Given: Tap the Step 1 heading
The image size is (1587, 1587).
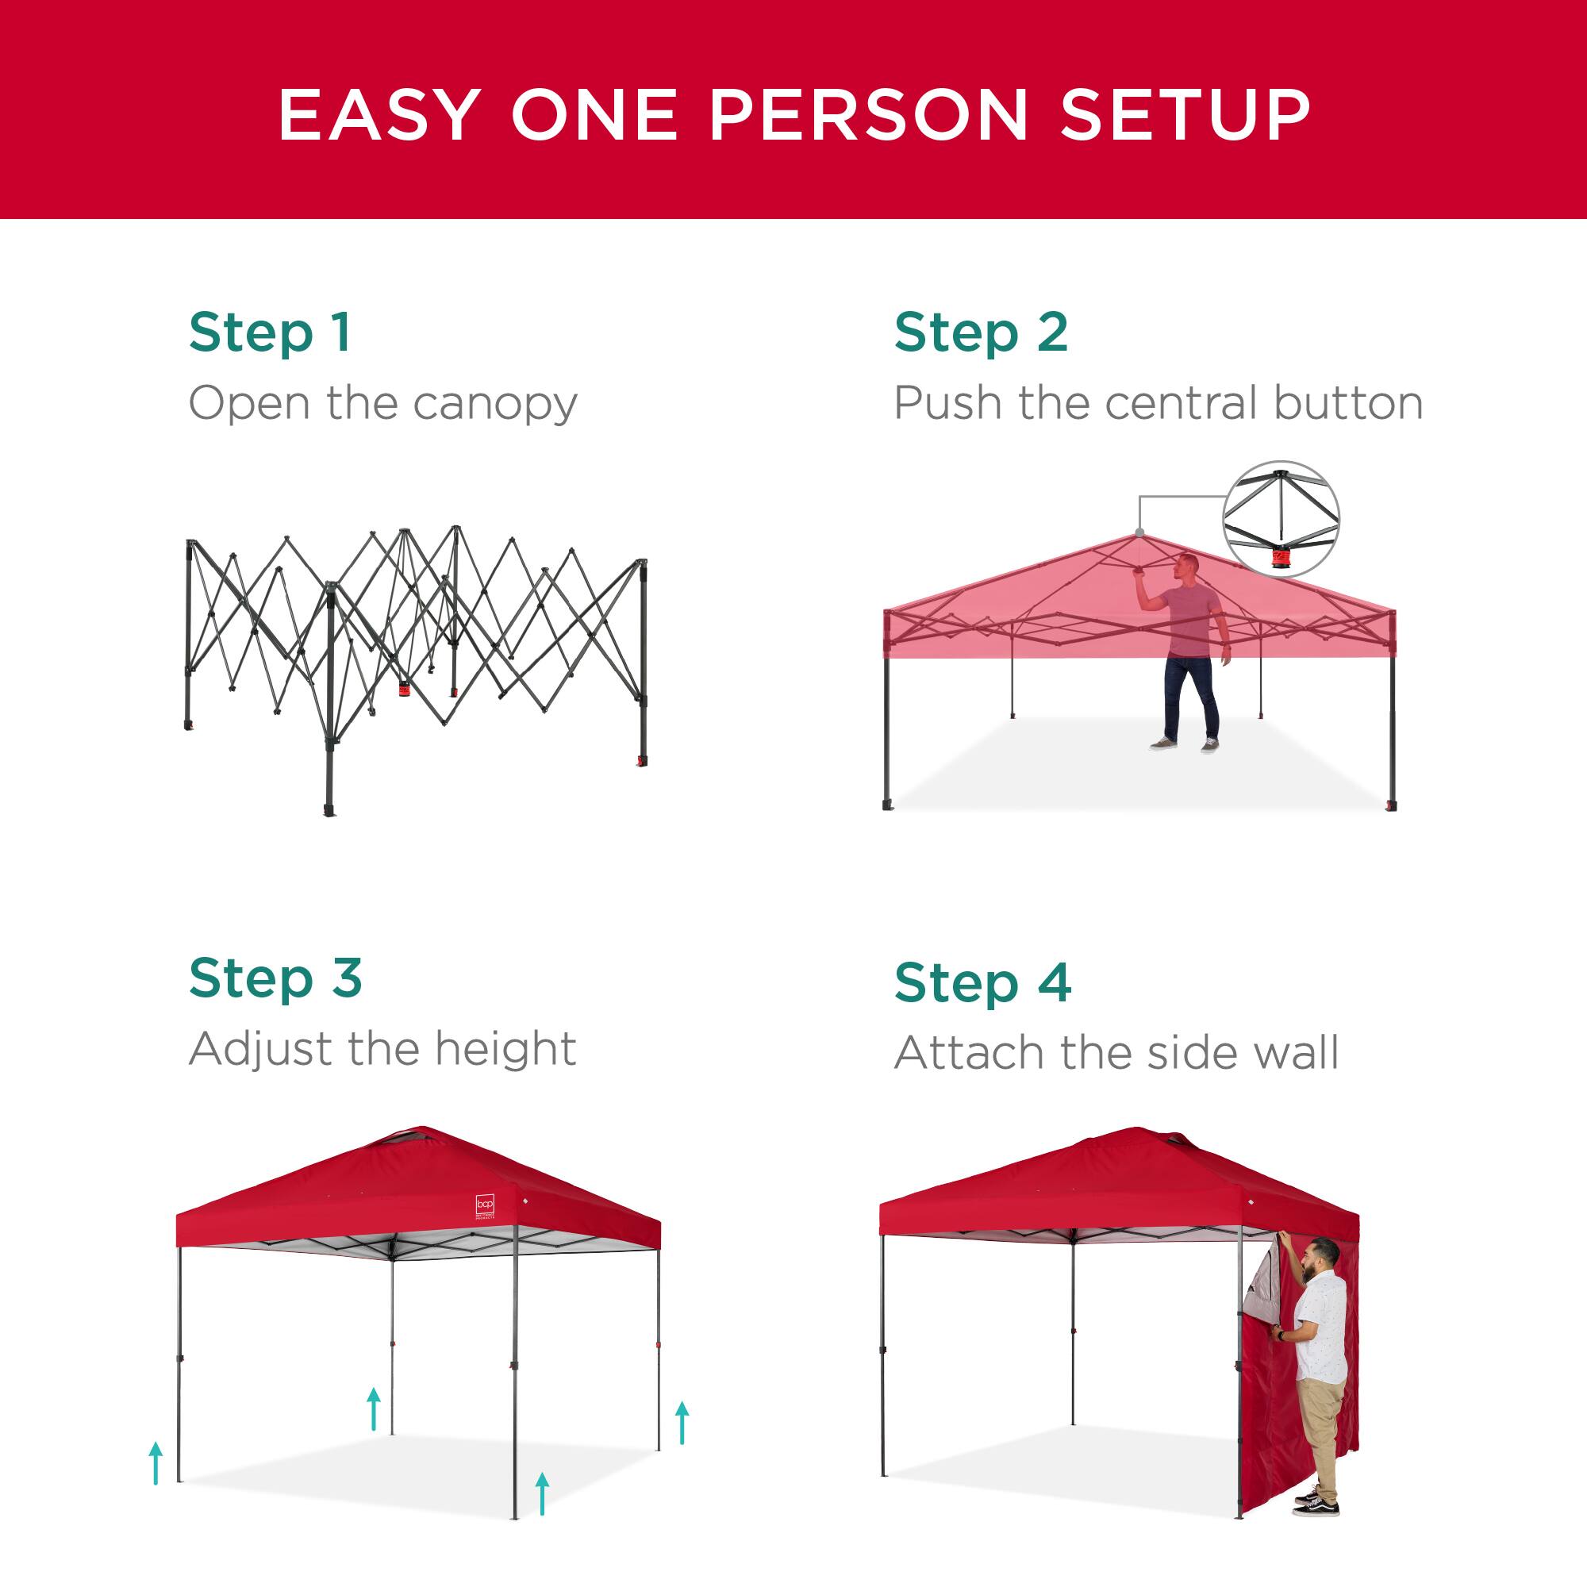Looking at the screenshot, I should (x=271, y=332).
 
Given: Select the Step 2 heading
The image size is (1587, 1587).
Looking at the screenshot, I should (x=981, y=332).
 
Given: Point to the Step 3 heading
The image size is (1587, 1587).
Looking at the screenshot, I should (x=275, y=978).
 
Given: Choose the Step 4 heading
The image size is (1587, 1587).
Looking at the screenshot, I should (x=982, y=983).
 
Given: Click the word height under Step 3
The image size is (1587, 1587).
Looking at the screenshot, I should (x=505, y=1049).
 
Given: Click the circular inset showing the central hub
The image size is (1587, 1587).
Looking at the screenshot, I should (x=1281, y=519).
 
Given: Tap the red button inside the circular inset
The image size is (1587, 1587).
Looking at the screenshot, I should (x=1280, y=559).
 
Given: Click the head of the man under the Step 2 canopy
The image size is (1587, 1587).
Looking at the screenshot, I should (x=1186, y=565).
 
